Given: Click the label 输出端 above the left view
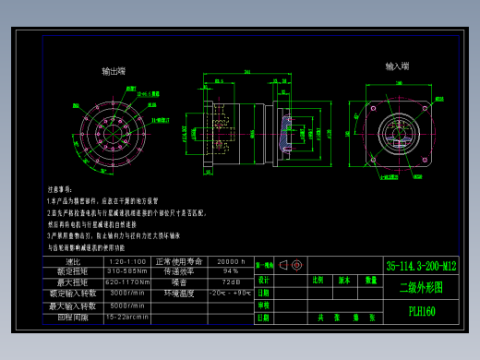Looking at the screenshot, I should pyautogui.click(x=114, y=71).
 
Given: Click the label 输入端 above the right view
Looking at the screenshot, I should pyautogui.click(x=398, y=66).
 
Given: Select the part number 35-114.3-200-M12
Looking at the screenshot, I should pyautogui.click(x=421, y=266).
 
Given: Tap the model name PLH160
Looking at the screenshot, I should pyautogui.click(x=422, y=311).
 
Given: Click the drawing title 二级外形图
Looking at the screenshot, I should pyautogui.click(x=421, y=287).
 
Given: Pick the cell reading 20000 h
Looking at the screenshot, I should pyautogui.click(x=230, y=262).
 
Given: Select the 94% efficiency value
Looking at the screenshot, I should pyautogui.click(x=230, y=271).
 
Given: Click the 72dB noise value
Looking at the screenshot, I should pyautogui.click(x=230, y=282).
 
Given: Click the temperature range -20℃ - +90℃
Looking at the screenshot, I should pyautogui.click(x=230, y=293).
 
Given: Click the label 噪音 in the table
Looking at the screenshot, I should pyautogui.click(x=179, y=282).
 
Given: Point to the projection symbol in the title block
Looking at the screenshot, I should pyautogui.click(x=291, y=266).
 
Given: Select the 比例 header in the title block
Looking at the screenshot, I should pyautogui.click(x=318, y=279).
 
